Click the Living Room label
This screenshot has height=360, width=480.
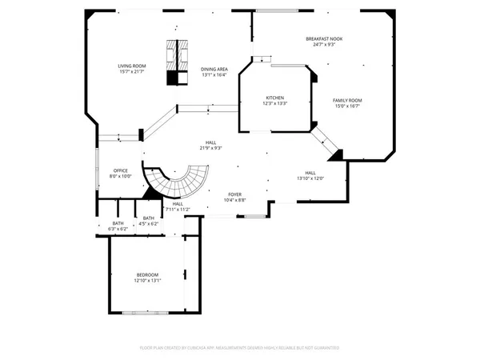pyautogui.click(x=131, y=67)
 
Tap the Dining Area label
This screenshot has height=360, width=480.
pyautogui.click(x=214, y=70)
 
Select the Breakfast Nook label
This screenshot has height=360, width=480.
pyautogui.click(x=325, y=39)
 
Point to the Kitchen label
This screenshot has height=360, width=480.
pyautogui.click(x=275, y=98)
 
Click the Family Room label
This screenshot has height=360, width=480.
pyautogui.click(x=347, y=100)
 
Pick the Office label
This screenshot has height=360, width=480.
pyautogui.click(x=121, y=170)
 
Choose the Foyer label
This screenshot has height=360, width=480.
pyautogui.click(x=235, y=194)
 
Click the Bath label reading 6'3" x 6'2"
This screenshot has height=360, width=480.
pyautogui.click(x=118, y=223)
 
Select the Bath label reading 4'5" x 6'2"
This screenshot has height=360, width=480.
pyautogui.click(x=149, y=218)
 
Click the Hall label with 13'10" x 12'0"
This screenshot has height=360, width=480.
pyautogui.click(x=310, y=173)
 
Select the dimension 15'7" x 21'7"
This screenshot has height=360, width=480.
pyautogui.click(x=131, y=73)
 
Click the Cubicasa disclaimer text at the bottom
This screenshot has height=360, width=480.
pyautogui.click(x=240, y=348)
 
